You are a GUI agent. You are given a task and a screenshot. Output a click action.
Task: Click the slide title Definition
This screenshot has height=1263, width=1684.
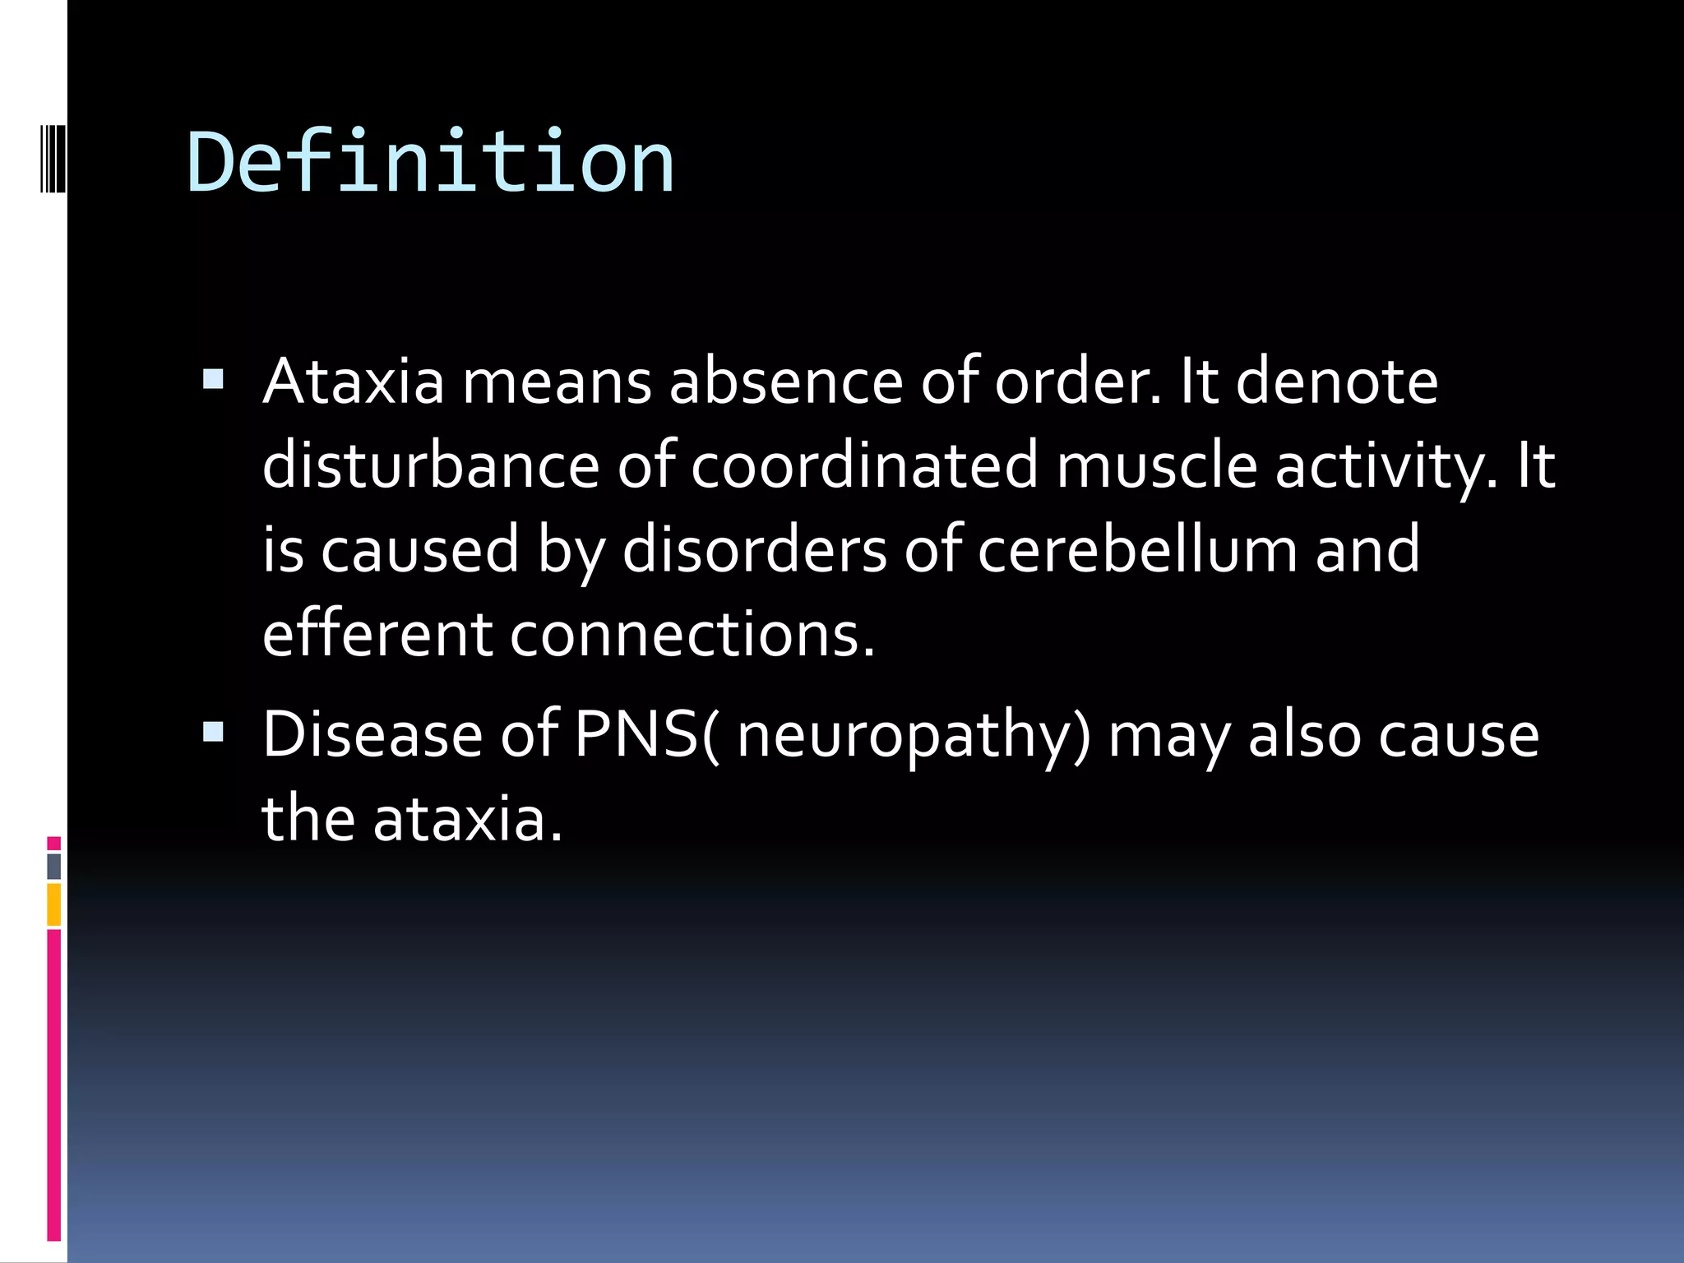point(431,162)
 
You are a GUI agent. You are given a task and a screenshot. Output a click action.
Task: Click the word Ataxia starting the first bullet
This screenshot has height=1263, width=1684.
point(353,382)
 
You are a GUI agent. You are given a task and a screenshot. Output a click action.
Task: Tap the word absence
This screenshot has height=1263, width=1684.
point(786,382)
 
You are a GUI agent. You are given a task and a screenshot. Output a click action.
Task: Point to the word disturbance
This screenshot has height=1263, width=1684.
point(430,465)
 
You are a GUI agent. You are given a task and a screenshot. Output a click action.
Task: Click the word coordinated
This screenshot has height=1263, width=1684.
point(864,465)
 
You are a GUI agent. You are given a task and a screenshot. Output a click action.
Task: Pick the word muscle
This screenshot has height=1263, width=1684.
point(1156,465)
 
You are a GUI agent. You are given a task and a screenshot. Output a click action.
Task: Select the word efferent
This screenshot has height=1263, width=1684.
point(377,634)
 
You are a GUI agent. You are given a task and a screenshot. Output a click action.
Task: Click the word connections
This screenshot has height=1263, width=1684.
point(692,634)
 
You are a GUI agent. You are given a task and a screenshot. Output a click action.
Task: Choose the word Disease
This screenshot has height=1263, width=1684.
point(372,734)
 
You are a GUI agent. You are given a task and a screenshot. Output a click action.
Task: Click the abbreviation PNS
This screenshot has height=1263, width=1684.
point(636,734)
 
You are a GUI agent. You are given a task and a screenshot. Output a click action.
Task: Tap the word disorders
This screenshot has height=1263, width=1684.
point(754,549)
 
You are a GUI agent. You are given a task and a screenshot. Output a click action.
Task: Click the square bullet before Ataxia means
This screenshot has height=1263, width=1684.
point(213,380)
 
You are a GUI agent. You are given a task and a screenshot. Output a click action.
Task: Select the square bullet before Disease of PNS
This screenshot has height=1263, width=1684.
point(213,732)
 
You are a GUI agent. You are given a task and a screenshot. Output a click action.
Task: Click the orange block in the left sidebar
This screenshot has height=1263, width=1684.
point(53,904)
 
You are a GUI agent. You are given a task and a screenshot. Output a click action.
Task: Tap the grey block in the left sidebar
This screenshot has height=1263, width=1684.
point(53,867)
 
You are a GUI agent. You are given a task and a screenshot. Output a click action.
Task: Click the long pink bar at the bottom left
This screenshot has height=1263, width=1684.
point(53,1085)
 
